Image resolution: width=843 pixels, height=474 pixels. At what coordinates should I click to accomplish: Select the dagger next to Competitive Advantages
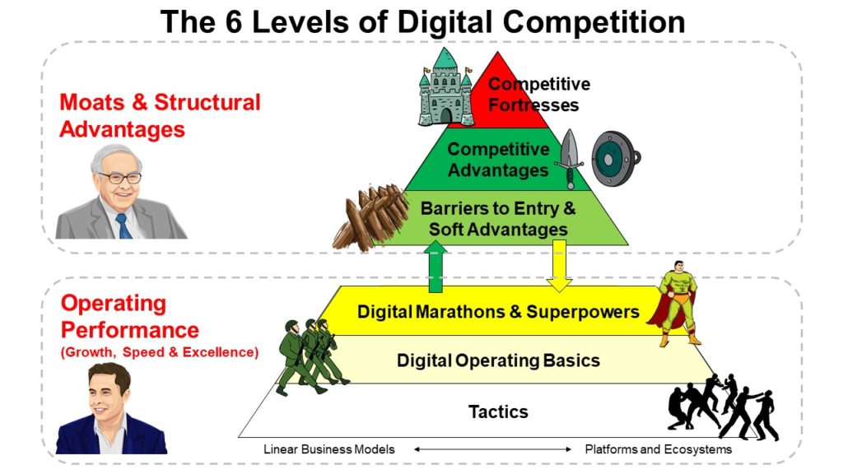569,159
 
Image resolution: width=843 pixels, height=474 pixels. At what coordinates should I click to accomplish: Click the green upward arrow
435,267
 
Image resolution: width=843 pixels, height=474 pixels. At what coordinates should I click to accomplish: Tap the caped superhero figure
674,303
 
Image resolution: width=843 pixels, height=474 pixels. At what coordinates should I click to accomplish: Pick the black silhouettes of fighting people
723,407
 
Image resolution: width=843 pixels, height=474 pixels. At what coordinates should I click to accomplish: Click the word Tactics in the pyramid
498,411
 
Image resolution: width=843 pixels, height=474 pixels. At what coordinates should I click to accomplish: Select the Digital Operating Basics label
498,360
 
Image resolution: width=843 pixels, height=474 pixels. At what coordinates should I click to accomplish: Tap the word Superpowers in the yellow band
583,312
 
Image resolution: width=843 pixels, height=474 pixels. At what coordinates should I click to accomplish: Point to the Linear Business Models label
329,449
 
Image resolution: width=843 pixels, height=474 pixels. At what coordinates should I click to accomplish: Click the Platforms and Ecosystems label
658,449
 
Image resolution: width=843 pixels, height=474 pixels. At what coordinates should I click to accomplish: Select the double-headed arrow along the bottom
492,449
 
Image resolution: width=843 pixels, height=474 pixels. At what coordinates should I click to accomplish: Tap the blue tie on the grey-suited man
123,225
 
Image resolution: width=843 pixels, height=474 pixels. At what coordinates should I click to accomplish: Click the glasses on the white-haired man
119,178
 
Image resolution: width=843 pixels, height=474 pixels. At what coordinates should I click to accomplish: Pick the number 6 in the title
233,22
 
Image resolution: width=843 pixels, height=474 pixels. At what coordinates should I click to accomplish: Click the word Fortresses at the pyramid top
533,105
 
